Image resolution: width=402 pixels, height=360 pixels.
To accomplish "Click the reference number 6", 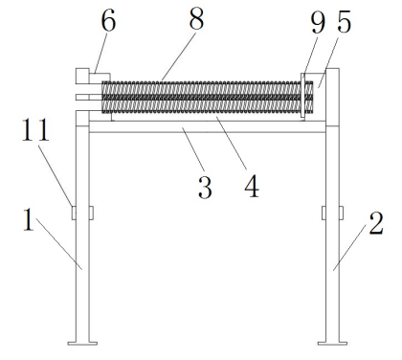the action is pyautogui.click(x=108, y=21).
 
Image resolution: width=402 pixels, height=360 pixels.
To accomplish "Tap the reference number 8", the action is pyautogui.click(x=196, y=19).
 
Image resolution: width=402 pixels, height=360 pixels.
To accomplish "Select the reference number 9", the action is pyautogui.click(x=318, y=23).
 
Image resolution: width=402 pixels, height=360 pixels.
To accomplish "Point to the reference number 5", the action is pyautogui.click(x=344, y=22).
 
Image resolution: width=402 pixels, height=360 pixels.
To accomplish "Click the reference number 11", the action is pyautogui.click(x=35, y=129).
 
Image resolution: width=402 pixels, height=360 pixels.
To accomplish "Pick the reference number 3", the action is pyautogui.click(x=205, y=188).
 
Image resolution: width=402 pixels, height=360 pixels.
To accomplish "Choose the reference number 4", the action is pyautogui.click(x=252, y=187).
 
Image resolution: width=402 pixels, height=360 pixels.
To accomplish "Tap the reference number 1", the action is pyautogui.click(x=29, y=219).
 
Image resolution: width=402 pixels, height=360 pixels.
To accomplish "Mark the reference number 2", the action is pyautogui.click(x=376, y=223).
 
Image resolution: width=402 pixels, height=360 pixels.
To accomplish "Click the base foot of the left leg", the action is pyautogui.click(x=82, y=343).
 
